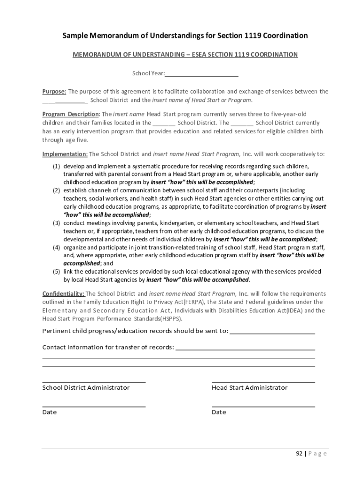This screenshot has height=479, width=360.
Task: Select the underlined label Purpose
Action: [54, 92]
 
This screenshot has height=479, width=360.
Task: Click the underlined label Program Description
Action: [71, 114]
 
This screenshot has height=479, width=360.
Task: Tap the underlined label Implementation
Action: [65, 154]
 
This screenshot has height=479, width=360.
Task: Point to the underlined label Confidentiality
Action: [64, 294]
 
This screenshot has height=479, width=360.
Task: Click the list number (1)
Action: [56, 166]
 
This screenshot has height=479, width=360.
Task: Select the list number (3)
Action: [56, 223]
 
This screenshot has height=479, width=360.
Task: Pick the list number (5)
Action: [56, 272]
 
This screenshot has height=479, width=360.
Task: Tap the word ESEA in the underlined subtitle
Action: [194, 55]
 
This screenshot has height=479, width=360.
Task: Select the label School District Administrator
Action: [86, 388]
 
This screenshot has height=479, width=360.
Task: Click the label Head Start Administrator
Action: [250, 388]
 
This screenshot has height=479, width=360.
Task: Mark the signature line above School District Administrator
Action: [94, 382]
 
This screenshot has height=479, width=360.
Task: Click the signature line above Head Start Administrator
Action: [263, 382]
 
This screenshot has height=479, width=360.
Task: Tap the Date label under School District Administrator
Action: [50, 412]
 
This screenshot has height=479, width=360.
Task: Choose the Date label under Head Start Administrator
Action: [219, 412]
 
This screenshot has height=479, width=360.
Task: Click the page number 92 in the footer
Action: [299, 453]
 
